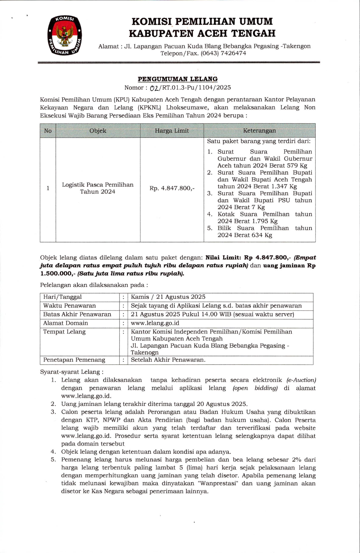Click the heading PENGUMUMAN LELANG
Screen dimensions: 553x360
point(177,79)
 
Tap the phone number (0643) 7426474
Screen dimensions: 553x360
point(223,53)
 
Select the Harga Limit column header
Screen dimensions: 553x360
point(172,131)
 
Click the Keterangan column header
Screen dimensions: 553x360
point(259,131)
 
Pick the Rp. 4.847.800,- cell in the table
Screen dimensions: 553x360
point(172,188)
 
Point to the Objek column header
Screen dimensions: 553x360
point(98,131)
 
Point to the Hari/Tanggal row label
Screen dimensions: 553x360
point(62,297)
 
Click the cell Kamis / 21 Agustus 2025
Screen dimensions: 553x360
point(168,297)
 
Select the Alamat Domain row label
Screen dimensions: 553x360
point(65,323)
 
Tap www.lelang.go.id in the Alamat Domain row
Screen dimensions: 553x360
point(155,323)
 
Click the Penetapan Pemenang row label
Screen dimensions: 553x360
point(74,360)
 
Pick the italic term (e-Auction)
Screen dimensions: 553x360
point(301,380)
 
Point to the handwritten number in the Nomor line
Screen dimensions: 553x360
point(154,88)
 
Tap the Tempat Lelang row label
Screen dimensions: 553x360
point(64,332)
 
